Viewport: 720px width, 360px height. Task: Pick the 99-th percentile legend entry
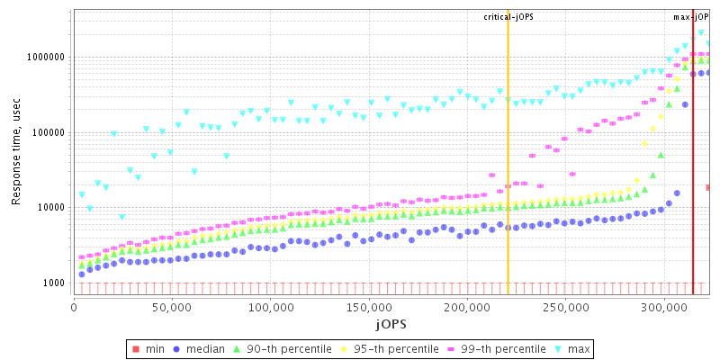[499, 348]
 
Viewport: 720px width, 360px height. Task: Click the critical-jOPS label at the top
[508, 17]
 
